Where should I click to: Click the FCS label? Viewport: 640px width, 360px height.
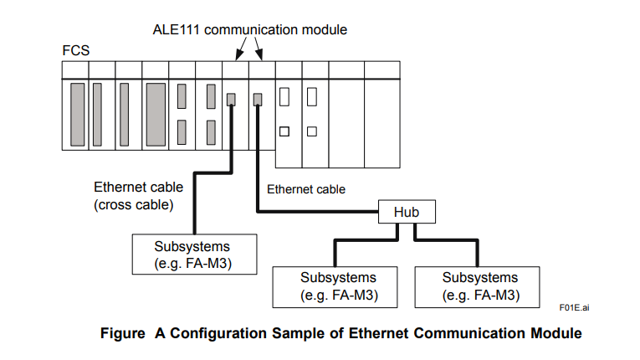75,50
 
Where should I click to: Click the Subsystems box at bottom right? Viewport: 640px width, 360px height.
480,285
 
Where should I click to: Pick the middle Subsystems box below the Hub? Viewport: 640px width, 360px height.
338,285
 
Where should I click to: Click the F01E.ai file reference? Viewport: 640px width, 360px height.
575,308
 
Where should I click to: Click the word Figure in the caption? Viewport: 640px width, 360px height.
123,333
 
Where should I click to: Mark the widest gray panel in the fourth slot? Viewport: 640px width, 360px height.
156,113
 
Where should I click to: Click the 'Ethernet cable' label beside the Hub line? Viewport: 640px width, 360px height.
306,189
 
